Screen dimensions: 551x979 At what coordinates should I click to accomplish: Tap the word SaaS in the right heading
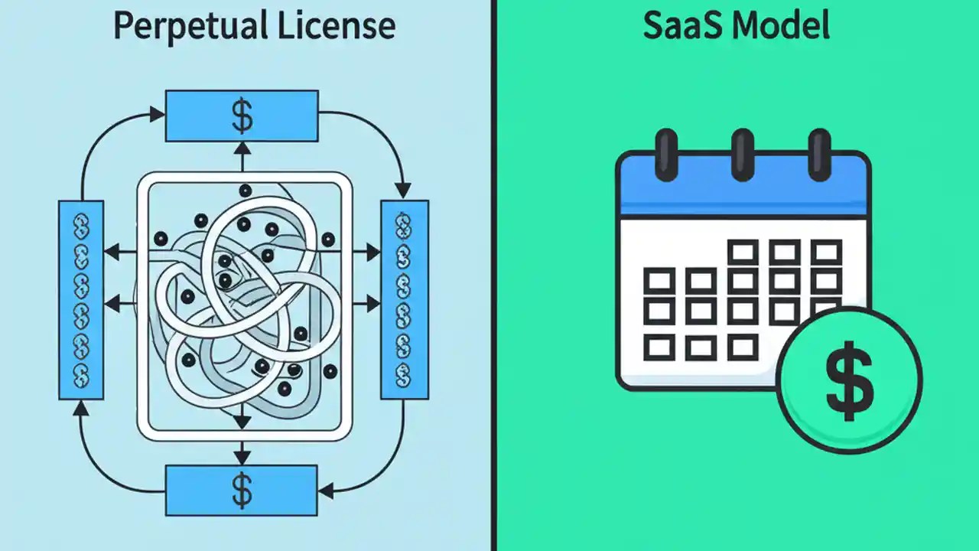[681, 26]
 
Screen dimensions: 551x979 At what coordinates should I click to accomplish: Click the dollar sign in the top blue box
[242, 116]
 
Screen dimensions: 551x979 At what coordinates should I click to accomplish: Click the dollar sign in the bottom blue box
[242, 491]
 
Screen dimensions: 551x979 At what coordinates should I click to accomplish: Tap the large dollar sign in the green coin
[849, 381]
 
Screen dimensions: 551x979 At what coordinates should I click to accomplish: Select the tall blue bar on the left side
[81, 299]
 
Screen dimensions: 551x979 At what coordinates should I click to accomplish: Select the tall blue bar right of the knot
[404, 299]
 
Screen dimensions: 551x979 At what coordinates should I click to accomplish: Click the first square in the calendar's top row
[743, 252]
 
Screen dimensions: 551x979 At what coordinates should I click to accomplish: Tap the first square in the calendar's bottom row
[659, 347]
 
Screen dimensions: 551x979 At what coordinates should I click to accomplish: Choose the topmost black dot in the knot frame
[245, 191]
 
